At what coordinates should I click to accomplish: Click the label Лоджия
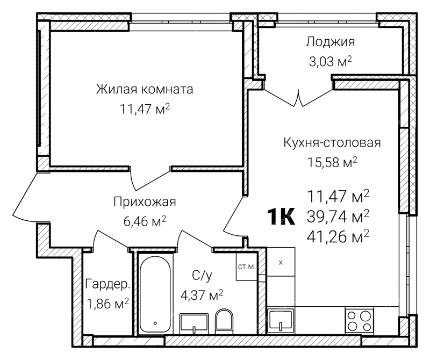point(330,42)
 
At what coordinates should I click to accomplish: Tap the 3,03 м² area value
point(330,62)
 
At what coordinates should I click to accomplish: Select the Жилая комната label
point(145,89)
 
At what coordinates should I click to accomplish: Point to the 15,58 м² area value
point(332,162)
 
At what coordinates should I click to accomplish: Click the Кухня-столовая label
point(332,143)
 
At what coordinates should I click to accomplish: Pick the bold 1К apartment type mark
point(281,217)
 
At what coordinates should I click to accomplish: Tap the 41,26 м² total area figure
point(338,236)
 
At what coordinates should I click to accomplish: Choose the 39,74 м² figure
point(338,217)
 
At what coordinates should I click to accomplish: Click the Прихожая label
point(145,202)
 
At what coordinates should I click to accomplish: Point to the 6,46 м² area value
point(145,221)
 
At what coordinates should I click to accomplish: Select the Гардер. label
point(107,284)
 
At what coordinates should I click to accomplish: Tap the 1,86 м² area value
point(107,304)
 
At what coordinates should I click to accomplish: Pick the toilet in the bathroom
point(224,321)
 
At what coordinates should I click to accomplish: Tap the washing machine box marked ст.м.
point(246,266)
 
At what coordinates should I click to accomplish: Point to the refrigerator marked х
point(281,262)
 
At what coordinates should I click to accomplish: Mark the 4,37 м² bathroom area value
point(202,296)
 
